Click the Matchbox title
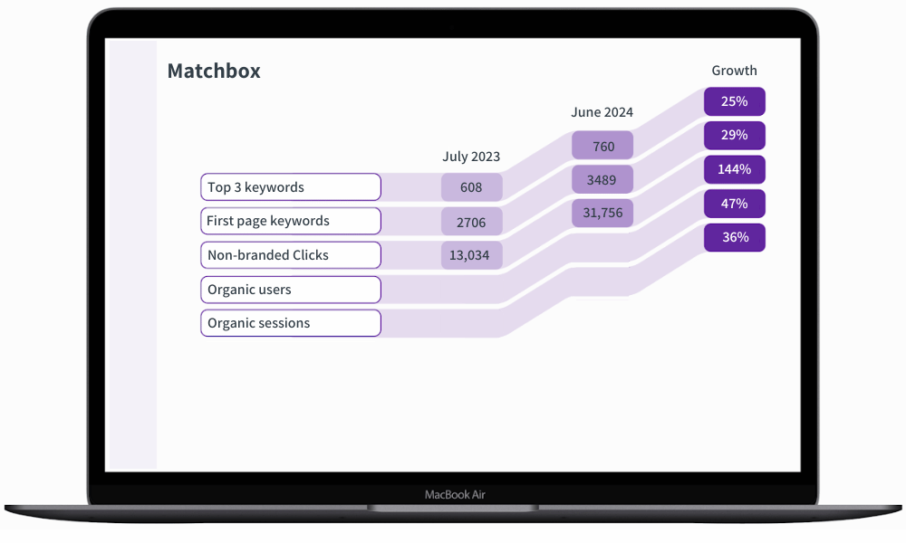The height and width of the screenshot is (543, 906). coord(214,71)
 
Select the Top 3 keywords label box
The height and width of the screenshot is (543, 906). coord(290,187)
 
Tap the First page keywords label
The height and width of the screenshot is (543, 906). coord(290,221)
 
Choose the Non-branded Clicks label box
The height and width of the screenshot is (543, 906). coord(290,255)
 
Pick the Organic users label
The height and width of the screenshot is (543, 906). coord(290,290)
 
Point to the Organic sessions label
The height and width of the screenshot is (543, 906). coord(290,323)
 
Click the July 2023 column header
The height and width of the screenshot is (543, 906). coord(471,157)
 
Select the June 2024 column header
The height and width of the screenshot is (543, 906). coord(602,112)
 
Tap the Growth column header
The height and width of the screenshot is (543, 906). coord(734,71)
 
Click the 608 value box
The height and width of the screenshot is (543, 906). coord(471,187)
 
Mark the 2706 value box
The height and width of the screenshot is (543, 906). coord(471,222)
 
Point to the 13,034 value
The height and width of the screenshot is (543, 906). coord(469,255)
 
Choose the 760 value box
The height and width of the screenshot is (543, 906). coord(602,146)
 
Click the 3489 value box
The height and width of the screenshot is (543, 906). coord(602,180)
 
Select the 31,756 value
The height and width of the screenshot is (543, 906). coord(602,213)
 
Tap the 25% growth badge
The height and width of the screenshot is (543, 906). coord(735,101)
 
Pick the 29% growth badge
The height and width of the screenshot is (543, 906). coord(735,135)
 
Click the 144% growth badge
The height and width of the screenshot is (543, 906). coord(735,169)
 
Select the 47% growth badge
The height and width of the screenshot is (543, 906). coord(735,204)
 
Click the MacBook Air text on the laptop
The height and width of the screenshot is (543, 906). coord(455,495)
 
